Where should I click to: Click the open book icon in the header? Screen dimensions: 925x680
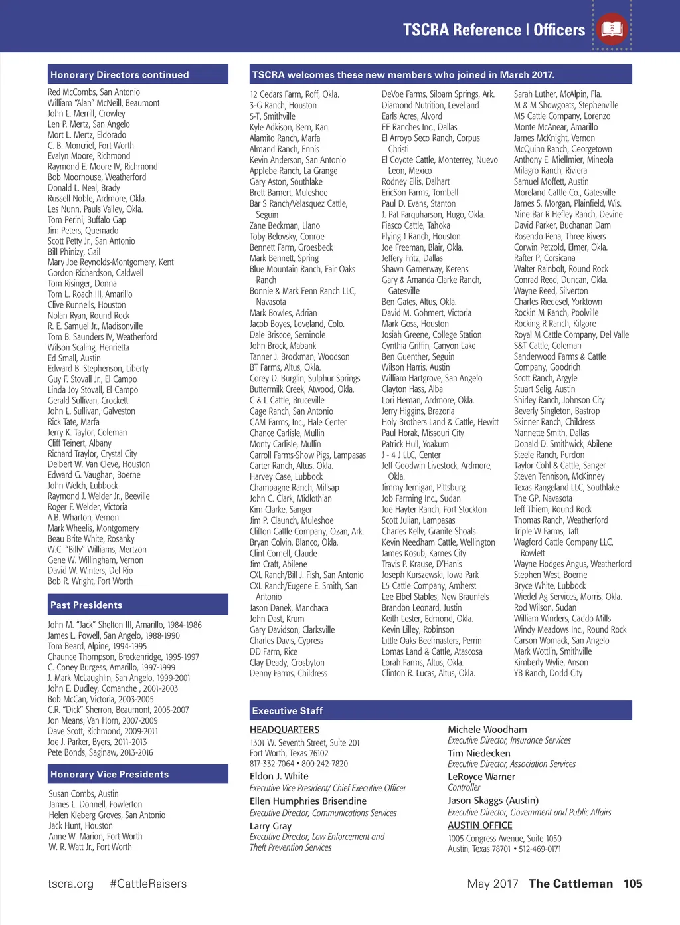[612, 29]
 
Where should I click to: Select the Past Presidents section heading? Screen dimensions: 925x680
[86, 605]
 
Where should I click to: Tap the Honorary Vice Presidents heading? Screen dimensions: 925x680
[110, 775]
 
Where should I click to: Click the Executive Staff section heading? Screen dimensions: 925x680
[288, 711]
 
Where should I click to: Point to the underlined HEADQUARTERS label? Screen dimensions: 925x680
[284, 730]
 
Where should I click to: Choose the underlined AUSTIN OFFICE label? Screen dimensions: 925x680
[479, 825]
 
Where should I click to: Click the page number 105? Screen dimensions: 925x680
[633, 884]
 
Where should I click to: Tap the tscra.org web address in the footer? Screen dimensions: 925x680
[70, 884]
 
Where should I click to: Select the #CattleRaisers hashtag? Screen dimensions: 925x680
[148, 884]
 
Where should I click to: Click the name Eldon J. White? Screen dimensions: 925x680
[279, 776]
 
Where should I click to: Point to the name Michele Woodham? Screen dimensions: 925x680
[487, 730]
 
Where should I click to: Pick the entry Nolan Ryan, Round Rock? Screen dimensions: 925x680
[88, 316]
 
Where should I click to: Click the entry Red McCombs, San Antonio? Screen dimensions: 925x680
[94, 92]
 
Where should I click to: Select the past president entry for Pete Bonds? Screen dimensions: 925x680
[100, 753]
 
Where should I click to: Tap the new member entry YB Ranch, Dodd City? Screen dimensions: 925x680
[548, 673]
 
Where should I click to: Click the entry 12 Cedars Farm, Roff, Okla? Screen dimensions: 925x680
[294, 94]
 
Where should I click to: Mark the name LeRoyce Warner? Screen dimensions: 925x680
[481, 777]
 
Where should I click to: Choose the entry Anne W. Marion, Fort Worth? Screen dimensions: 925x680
[95, 837]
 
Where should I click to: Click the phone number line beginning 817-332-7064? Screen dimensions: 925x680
[298, 764]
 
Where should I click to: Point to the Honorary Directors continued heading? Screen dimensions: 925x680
[120, 75]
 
